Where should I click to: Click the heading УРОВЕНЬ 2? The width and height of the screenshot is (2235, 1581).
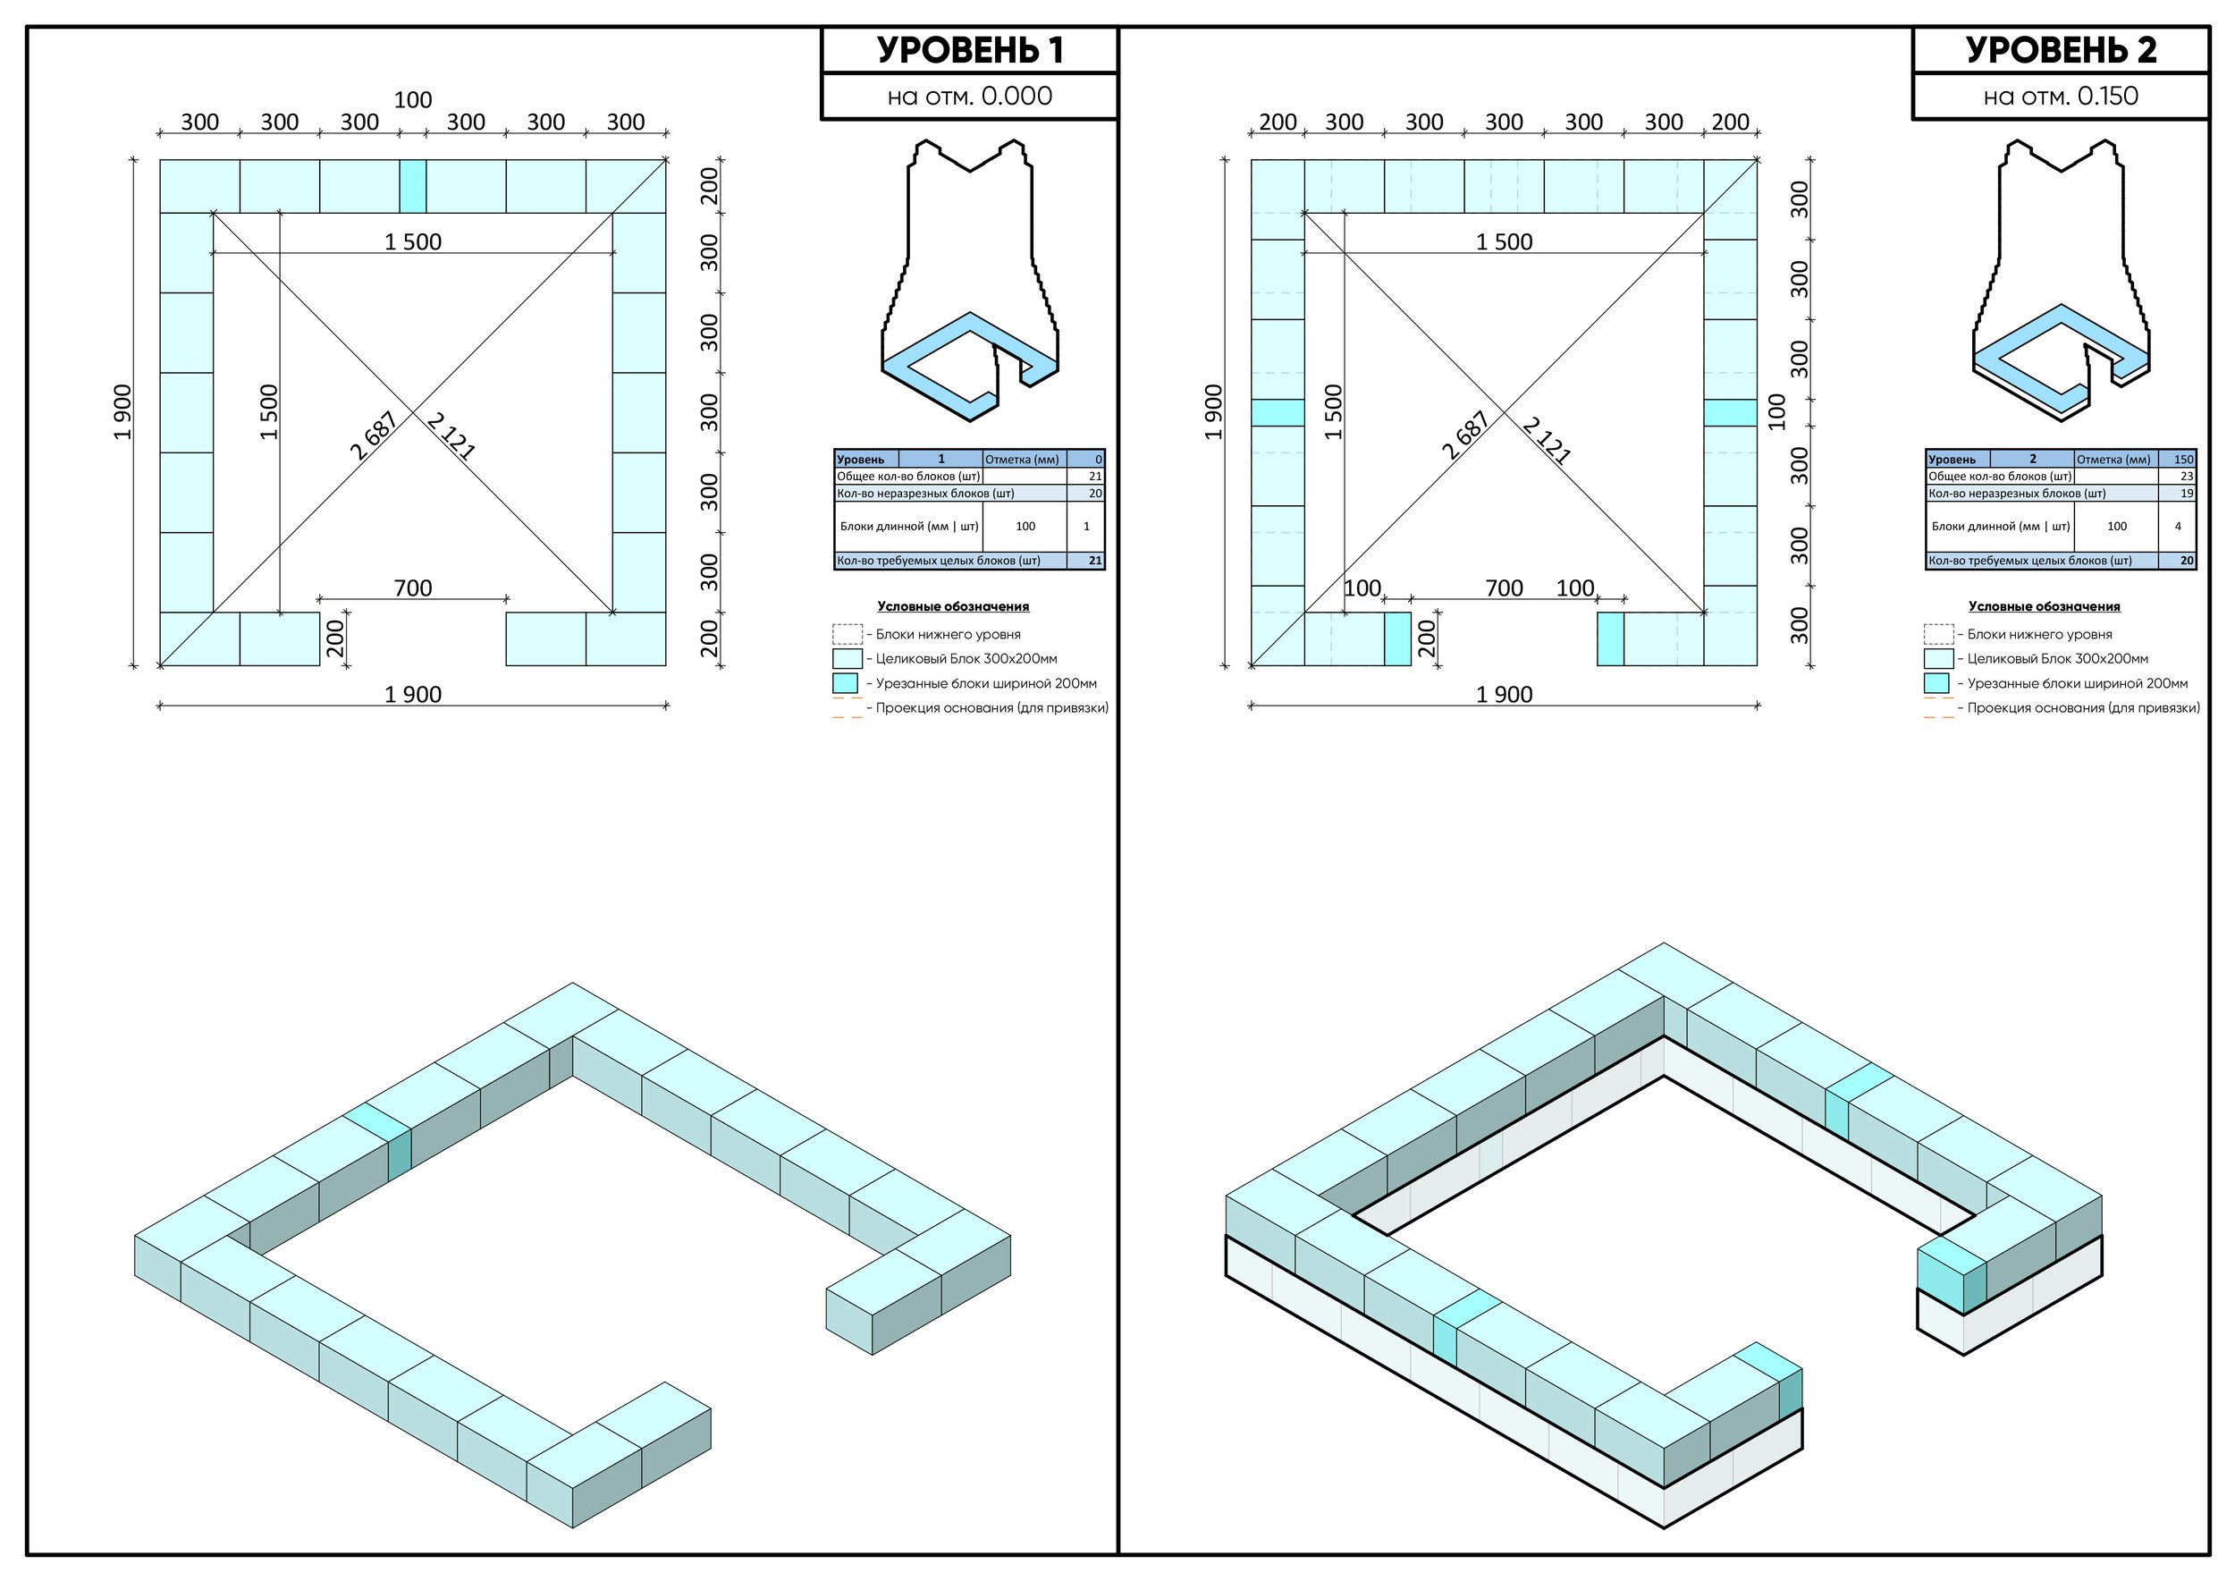(2061, 51)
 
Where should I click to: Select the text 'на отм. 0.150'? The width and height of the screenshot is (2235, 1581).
(2061, 97)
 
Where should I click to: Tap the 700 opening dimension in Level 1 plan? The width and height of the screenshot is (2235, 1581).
(413, 588)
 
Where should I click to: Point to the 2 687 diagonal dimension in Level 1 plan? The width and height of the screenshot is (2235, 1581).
(374, 435)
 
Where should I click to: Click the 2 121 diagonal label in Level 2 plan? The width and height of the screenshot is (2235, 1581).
(1546, 440)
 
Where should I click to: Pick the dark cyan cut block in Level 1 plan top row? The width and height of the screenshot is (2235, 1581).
(413, 186)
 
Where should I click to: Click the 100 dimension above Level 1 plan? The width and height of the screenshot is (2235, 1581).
(413, 100)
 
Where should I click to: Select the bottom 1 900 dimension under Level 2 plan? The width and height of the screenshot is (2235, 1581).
(1504, 694)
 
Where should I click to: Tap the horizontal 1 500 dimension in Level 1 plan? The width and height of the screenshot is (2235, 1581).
(413, 241)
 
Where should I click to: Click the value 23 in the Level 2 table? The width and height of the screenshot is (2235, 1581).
(2187, 476)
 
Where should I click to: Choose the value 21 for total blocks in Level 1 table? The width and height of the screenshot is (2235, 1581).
(1095, 476)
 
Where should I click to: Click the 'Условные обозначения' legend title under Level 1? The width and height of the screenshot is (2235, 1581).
(953, 606)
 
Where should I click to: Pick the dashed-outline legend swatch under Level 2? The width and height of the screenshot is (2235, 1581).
(1938, 635)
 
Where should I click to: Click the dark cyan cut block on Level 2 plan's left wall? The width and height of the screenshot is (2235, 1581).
(1278, 413)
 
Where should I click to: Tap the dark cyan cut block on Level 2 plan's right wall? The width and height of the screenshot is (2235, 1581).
(1730, 413)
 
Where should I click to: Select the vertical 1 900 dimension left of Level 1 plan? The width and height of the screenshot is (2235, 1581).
(122, 413)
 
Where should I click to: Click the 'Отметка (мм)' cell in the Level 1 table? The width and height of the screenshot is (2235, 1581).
(1022, 460)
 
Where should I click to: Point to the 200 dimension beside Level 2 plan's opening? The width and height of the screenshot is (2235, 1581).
(1427, 638)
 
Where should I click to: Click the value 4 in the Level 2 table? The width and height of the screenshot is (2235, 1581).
(2178, 527)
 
